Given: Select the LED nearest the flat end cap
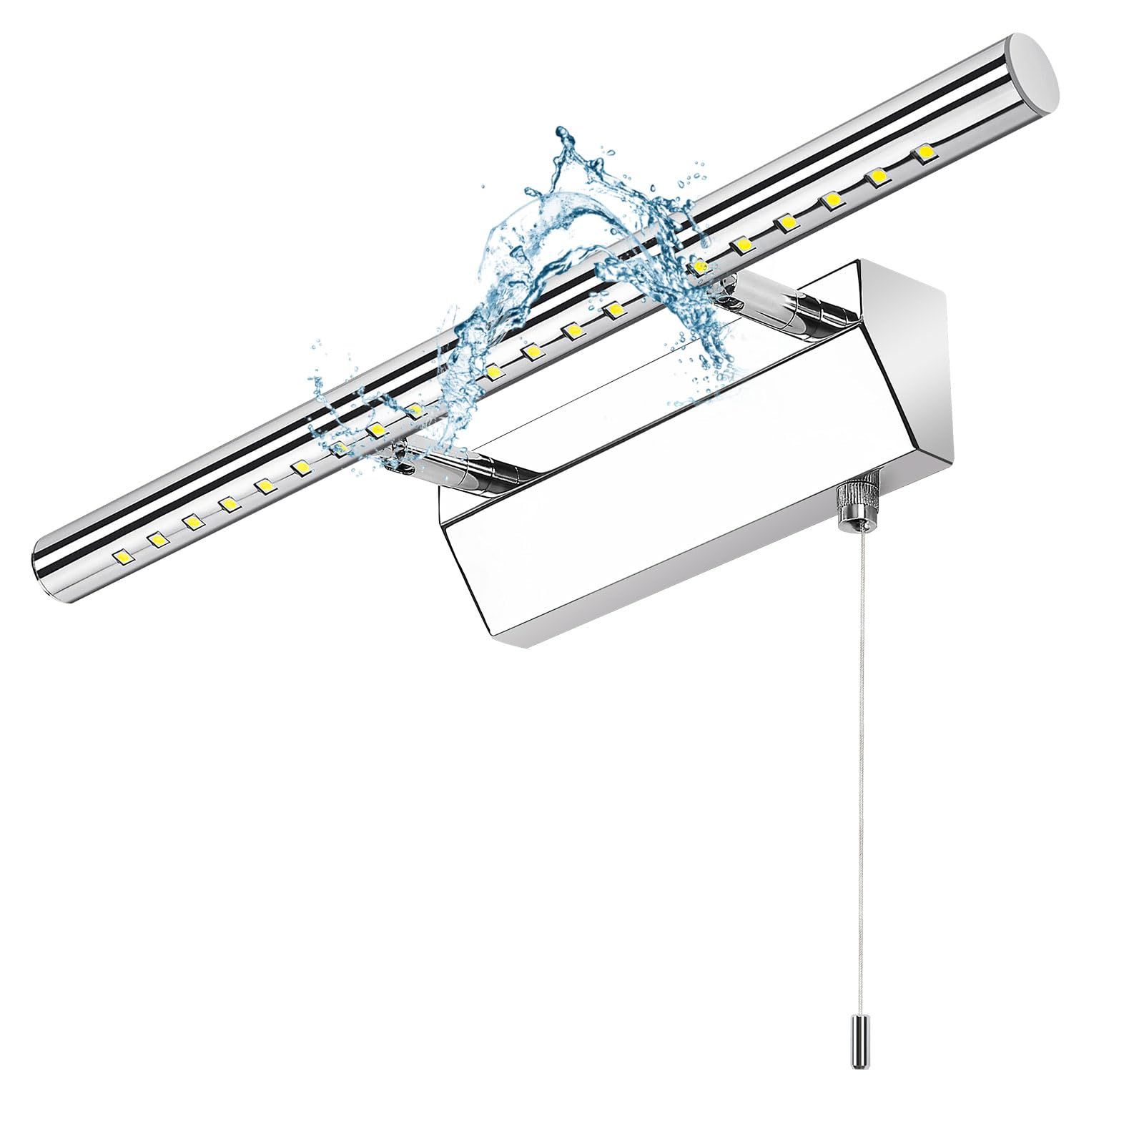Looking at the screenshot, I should point(923,153).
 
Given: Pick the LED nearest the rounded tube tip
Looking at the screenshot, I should point(122,555).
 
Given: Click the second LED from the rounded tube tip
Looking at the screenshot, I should point(157,538).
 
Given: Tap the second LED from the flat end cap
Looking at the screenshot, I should point(878,176).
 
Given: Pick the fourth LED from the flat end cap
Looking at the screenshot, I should point(787,222).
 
